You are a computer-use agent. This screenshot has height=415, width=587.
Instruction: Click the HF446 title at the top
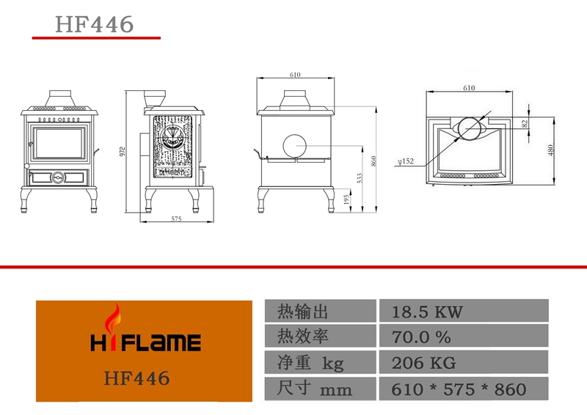click(x=94, y=24)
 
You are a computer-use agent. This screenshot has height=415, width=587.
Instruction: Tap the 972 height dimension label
click(x=122, y=151)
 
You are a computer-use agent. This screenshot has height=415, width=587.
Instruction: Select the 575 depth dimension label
click(x=176, y=219)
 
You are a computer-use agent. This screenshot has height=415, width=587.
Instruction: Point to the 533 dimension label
click(x=360, y=178)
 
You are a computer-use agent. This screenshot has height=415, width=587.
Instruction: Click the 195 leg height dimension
click(x=346, y=199)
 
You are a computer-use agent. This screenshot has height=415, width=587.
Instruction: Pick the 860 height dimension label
click(x=373, y=161)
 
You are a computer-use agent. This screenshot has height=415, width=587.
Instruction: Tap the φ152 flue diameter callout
click(x=406, y=161)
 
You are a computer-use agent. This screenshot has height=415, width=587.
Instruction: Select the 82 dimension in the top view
click(x=525, y=123)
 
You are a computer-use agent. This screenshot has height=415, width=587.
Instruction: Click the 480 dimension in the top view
click(x=550, y=150)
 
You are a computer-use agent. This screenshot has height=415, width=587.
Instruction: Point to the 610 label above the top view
click(x=469, y=88)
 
